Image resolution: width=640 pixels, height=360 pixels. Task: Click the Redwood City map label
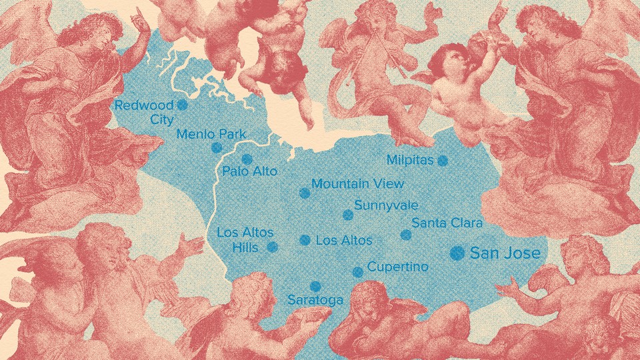coord(144,112)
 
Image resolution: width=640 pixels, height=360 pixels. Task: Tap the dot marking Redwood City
coord(182,105)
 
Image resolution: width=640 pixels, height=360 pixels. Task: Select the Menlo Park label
coord(211,134)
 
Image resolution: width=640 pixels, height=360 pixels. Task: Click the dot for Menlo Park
coord(217,148)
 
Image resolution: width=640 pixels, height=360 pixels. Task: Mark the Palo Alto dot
coord(247,159)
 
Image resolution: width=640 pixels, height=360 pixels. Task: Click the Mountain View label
coord(357,184)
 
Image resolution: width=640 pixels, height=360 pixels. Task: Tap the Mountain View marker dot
coord(305,193)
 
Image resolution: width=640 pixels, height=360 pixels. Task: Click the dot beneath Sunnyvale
coord(347,215)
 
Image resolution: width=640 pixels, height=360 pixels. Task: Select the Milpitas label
coord(410,160)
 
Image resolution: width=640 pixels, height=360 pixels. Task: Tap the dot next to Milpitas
coord(443,160)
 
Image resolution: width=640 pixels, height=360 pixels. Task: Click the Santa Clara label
coord(446,223)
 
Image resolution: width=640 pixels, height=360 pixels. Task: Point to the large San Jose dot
coord(457,252)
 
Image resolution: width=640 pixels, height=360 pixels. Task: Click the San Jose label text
coord(505,253)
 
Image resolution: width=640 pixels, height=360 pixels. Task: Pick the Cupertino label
coord(397,267)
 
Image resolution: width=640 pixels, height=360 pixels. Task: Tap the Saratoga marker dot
coord(316,286)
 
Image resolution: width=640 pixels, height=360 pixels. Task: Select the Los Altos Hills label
coord(240,240)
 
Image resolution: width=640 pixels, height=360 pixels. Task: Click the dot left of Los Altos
coord(305,240)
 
